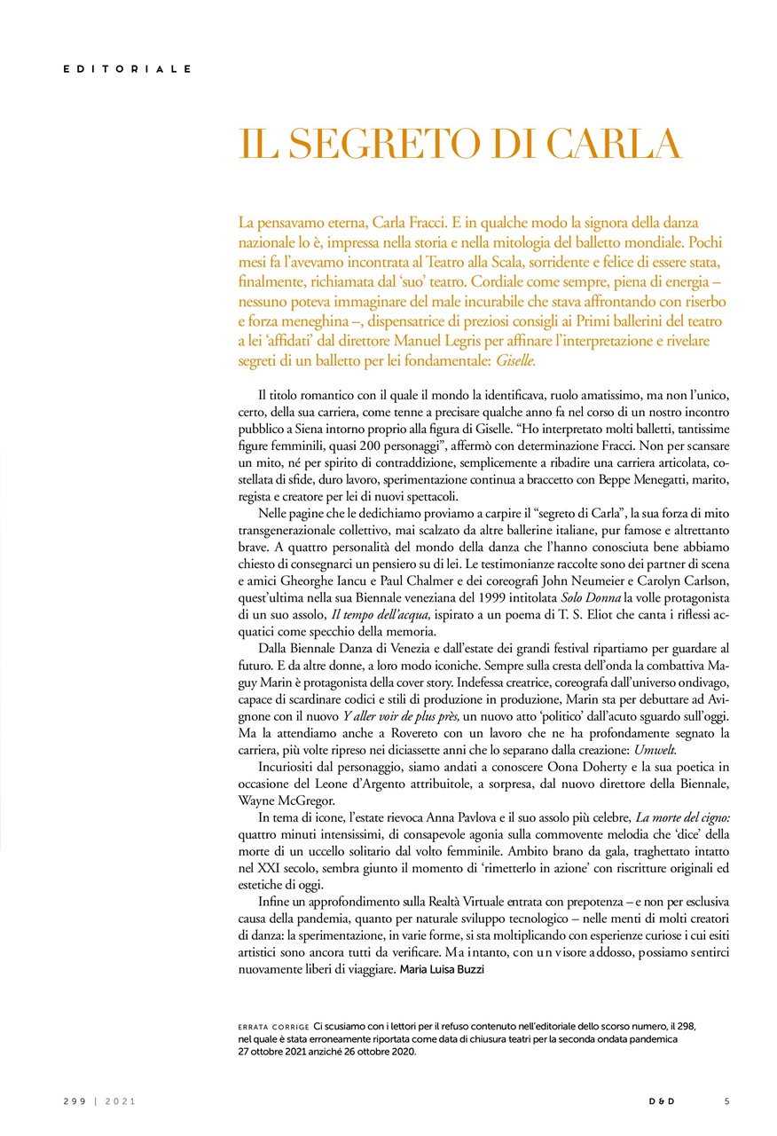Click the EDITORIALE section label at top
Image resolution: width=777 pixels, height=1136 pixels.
click(x=127, y=68)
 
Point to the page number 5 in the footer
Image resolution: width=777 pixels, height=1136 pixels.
click(x=726, y=1101)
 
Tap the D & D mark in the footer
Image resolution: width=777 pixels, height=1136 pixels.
click(x=661, y=1101)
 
